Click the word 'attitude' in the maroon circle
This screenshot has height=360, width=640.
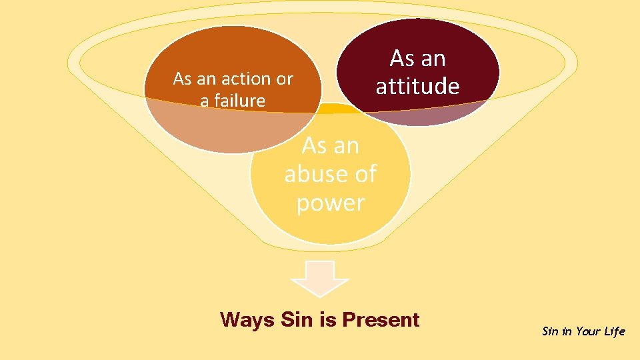click(417, 87)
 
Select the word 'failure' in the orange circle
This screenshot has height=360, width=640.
click(239, 101)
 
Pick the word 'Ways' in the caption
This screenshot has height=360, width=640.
click(247, 320)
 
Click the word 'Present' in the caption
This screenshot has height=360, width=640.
click(381, 320)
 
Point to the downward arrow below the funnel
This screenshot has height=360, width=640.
click(320, 275)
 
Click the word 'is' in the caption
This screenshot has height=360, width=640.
click(328, 320)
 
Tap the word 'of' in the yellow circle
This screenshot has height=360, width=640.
click(365, 175)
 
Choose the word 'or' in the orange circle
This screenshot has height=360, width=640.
click(285, 79)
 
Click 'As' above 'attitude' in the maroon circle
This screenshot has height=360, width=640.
click(402, 59)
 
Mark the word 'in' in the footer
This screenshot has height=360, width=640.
click(567, 331)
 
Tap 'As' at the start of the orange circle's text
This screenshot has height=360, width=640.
click(183, 79)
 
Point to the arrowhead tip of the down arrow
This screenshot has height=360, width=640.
click(320, 295)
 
